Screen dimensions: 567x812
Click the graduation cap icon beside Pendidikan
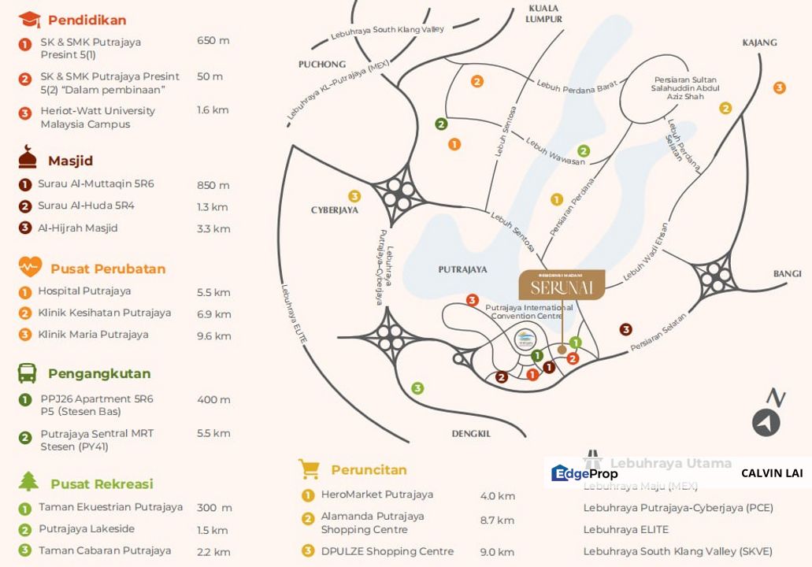28,20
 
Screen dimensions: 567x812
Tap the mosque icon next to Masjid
28,158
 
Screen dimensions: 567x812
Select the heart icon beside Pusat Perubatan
30,268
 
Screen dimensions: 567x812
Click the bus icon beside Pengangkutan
28,372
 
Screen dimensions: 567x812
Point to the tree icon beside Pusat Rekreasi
28,481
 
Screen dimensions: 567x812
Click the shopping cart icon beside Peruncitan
309,469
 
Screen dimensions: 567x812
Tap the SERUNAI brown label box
562,285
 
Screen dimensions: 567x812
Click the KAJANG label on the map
759,43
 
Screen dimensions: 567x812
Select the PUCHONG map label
322,64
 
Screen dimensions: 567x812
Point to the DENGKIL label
471,433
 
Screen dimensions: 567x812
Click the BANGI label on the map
787,273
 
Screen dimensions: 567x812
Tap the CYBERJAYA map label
335,209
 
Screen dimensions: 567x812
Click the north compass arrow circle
766,423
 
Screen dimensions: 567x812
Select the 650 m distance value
213,40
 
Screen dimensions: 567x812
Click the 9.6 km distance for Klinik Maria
213,335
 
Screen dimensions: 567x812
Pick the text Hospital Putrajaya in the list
84,291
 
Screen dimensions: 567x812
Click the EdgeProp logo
584,473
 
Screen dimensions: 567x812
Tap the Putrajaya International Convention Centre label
528,311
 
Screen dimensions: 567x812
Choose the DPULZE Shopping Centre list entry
387,551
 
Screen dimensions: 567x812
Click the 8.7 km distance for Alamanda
497,520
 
